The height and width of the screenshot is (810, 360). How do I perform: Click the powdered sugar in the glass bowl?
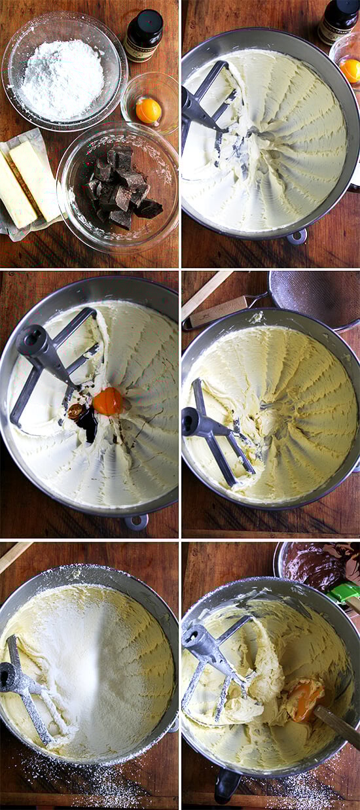62,79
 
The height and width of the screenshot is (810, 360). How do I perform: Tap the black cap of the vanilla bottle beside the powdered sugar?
145,18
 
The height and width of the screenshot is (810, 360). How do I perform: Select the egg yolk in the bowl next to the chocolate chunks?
149,110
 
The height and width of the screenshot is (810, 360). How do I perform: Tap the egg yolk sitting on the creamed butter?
107,400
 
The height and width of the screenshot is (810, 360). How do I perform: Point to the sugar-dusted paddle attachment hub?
12,678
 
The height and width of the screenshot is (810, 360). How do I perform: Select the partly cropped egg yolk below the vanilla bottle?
350,70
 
